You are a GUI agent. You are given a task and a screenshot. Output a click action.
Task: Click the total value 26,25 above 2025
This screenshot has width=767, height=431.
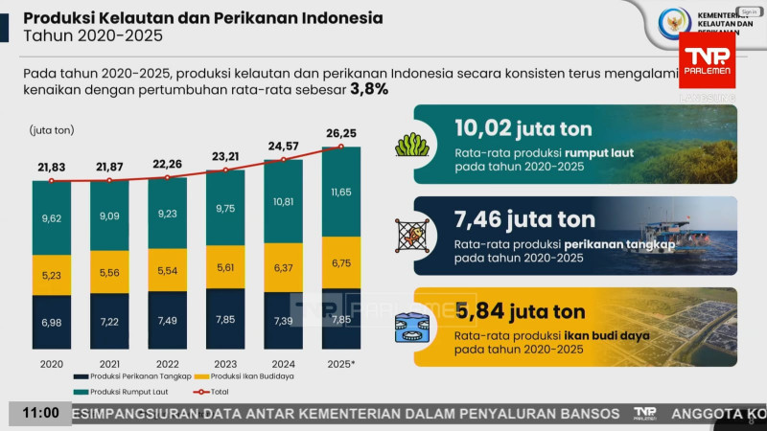[341, 133]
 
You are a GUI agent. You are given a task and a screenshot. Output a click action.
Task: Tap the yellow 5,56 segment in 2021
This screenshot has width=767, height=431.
[109, 273]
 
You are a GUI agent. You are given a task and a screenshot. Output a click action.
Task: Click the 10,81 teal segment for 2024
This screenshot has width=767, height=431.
[283, 202]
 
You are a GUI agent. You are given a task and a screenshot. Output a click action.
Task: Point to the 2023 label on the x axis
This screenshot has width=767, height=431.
[225, 365]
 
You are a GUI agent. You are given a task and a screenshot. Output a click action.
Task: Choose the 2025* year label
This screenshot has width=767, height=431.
[341, 365]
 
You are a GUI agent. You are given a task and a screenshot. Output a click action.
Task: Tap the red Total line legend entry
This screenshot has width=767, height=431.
[212, 392]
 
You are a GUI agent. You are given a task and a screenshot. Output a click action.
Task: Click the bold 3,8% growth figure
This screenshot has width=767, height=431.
[370, 89]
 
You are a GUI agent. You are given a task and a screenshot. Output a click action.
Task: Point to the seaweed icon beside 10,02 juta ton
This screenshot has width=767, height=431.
[409, 146]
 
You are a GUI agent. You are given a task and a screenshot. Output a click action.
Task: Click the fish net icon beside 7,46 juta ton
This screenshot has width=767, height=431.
[409, 234]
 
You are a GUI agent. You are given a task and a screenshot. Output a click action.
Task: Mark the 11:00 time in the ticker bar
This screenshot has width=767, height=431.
[40, 414]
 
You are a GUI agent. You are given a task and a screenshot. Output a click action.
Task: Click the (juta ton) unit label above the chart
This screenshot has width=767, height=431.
[52, 129]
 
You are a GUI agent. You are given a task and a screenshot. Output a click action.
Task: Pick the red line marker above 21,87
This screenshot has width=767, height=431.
[109, 179]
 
